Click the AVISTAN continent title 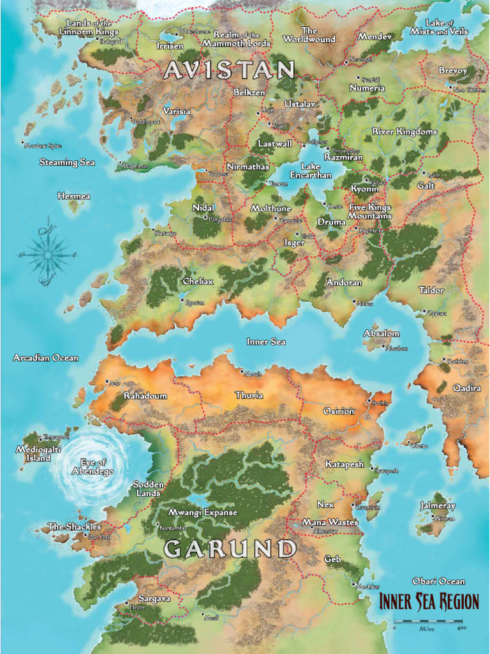230,70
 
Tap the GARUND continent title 230,549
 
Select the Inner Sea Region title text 429,602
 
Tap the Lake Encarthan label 311,171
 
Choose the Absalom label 382,333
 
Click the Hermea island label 73,196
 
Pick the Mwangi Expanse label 202,512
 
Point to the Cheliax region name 198,282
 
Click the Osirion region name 338,411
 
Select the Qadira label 466,388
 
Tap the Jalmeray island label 438,506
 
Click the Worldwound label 309,35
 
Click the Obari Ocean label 438,581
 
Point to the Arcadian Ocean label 46,358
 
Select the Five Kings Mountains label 369,211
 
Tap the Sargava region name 154,599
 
